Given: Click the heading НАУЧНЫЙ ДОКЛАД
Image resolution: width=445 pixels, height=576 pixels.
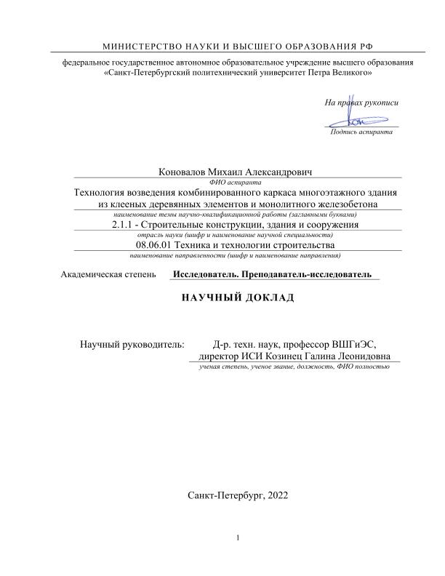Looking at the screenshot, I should coord(222,300).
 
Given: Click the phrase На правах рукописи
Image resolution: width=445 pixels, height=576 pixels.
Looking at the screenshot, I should coord(361,102).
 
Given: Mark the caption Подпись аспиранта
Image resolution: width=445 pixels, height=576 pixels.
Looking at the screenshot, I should coord(361,133).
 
